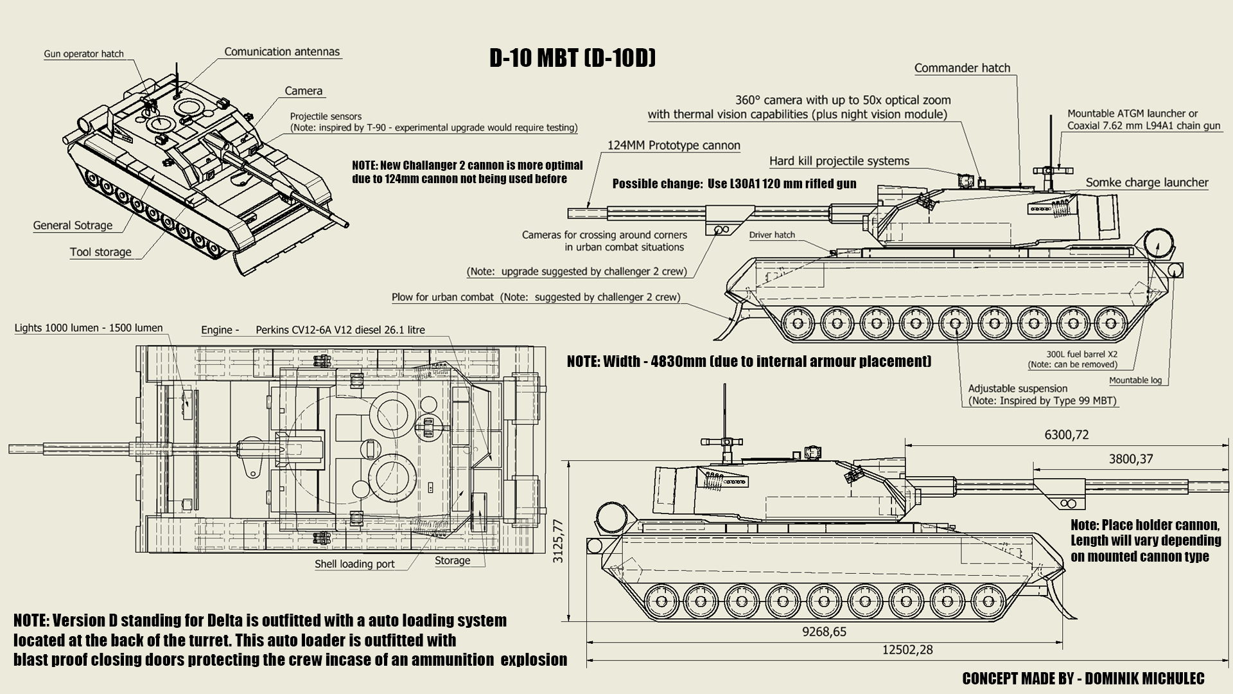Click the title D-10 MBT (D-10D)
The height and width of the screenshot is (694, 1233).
point(572,58)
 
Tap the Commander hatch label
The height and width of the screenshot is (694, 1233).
point(962,68)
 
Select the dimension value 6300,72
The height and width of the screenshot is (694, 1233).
point(1067,435)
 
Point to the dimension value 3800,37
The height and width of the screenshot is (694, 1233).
point(1131,459)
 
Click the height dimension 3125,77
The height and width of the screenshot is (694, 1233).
point(558,541)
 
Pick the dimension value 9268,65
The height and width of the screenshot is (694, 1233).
point(824,632)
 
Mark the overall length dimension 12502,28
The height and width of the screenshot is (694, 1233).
point(907,650)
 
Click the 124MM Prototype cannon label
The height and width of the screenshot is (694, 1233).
point(674,145)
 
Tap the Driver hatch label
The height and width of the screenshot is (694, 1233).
point(772,235)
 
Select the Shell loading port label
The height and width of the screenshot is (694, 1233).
point(354,564)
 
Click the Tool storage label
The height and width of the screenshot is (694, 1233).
point(101,252)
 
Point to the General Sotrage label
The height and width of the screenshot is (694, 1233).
point(73,226)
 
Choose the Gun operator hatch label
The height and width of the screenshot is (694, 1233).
point(83,54)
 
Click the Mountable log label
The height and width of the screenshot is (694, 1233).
point(1135,380)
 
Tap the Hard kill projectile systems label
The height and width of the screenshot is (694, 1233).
point(839,161)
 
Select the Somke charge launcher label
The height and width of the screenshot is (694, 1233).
point(1147,182)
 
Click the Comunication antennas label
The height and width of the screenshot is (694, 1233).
point(282,52)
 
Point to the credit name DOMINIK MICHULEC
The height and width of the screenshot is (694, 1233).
point(1144,679)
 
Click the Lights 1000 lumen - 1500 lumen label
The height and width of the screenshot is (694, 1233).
point(89,328)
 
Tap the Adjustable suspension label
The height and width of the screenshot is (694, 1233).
point(1017,389)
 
